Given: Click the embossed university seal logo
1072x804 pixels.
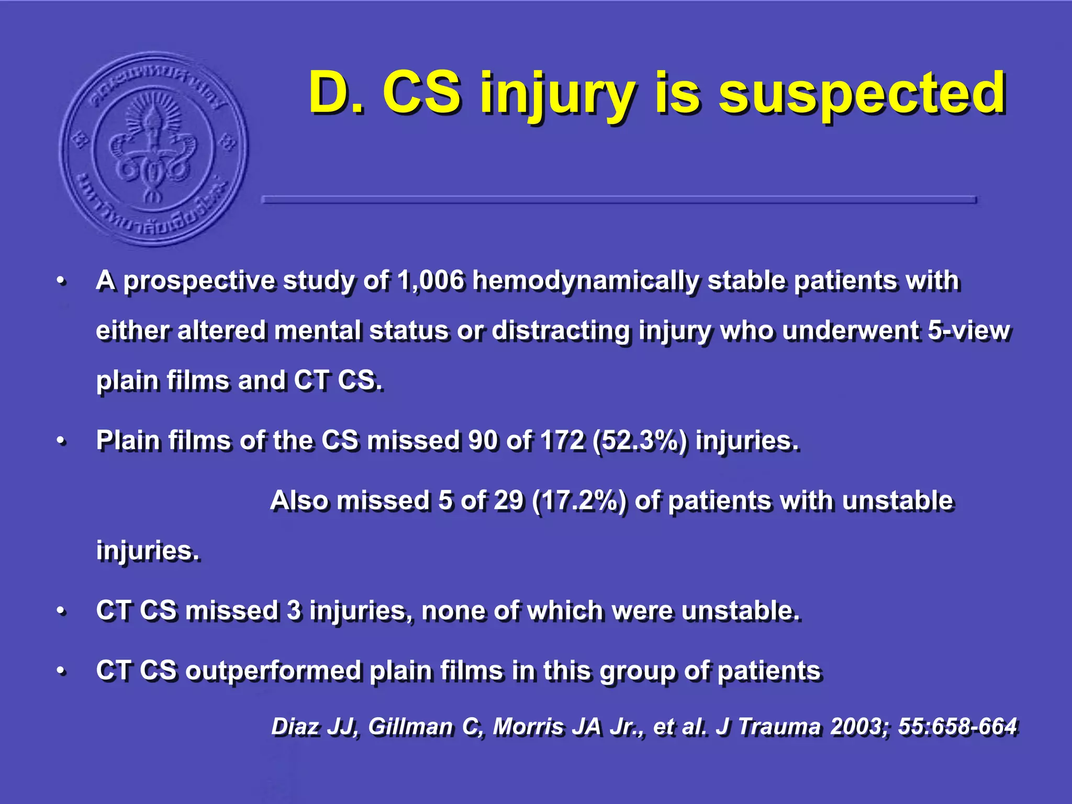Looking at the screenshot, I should click(153, 149).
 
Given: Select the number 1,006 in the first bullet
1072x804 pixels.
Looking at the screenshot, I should click(430, 281).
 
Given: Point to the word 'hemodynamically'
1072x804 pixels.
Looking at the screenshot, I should click(585, 282).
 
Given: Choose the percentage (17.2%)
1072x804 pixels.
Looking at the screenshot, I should click(578, 501).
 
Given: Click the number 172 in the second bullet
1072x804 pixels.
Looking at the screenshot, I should click(562, 441).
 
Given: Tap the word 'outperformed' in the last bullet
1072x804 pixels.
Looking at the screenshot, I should click(273, 672).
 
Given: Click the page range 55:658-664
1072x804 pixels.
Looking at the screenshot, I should click(957, 727).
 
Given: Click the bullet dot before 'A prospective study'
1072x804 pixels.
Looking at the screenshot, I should click(62, 282).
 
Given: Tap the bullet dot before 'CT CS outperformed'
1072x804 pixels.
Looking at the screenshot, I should click(62, 671).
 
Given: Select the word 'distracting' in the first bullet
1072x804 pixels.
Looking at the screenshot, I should click(561, 331).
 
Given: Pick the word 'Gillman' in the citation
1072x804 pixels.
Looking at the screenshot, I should click(410, 727).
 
